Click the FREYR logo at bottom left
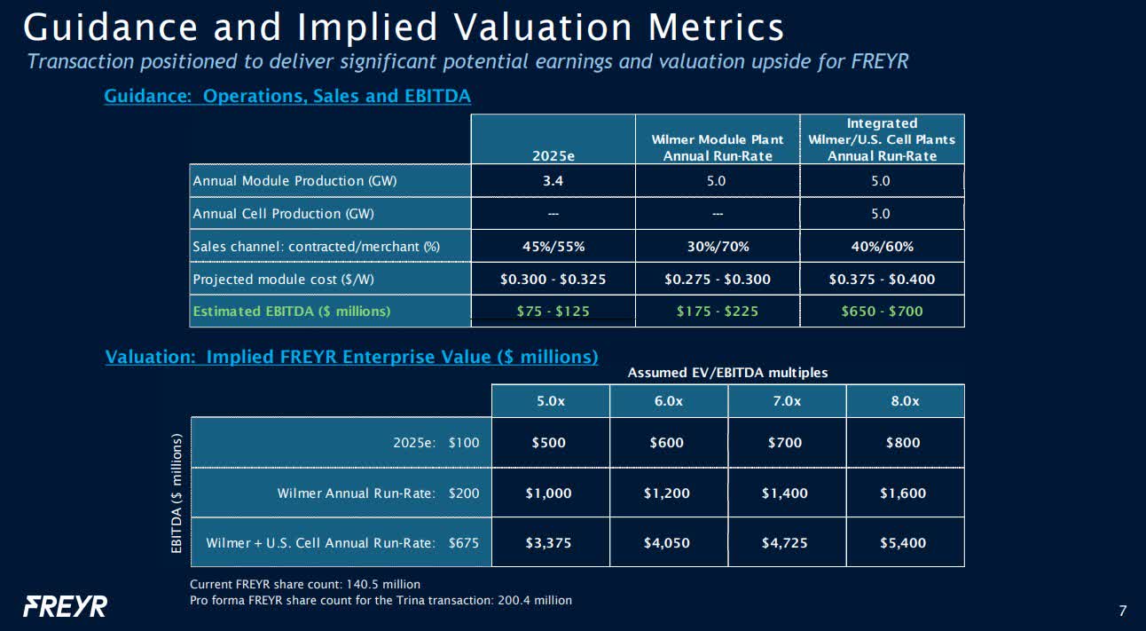click(x=65, y=607)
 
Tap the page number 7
click(x=1123, y=611)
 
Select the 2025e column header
click(x=553, y=155)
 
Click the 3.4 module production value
click(x=553, y=181)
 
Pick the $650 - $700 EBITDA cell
click(x=882, y=311)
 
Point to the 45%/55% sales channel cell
click(x=553, y=246)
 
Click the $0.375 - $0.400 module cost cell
click(x=882, y=279)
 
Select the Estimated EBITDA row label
click(x=292, y=311)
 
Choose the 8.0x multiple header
click(x=905, y=401)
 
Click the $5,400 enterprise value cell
click(x=905, y=542)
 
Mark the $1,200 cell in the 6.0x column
click(x=668, y=493)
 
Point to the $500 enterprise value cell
click(x=550, y=443)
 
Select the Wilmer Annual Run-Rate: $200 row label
click(x=378, y=493)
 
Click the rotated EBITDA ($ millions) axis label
click(x=177, y=493)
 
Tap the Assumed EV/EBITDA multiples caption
click(x=727, y=373)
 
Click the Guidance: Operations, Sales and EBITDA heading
click(x=287, y=96)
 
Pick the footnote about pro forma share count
click(x=381, y=600)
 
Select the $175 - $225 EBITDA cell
click(x=717, y=311)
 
